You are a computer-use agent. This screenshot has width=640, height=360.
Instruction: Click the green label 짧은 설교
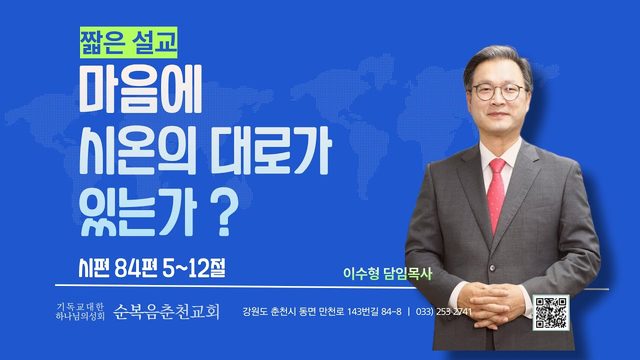pyautogui.click(x=129, y=42)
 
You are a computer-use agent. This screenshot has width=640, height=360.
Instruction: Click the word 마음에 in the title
pyautogui.click(x=141, y=89)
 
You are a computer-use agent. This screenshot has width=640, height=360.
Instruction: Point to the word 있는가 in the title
pyautogui.click(x=138, y=213)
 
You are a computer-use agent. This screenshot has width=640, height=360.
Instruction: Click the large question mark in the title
pyautogui.click(x=226, y=214)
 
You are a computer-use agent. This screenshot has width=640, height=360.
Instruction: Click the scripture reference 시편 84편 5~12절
pyautogui.click(x=152, y=269)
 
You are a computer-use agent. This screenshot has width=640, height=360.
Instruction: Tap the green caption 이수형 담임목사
pyautogui.click(x=387, y=273)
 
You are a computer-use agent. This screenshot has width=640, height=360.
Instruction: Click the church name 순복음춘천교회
pyautogui.click(x=167, y=312)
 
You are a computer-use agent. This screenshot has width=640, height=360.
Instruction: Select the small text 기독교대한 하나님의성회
pyautogui.click(x=80, y=311)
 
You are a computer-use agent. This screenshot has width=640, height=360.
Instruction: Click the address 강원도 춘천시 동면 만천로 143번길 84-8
pyautogui.click(x=322, y=312)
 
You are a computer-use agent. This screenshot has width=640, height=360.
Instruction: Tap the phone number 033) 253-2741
pyautogui.click(x=444, y=312)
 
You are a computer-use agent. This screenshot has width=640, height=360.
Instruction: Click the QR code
pyautogui.click(x=551, y=313)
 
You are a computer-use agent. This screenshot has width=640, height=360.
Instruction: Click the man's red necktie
pyautogui.click(x=496, y=196)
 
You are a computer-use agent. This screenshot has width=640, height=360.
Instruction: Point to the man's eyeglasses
pyautogui.click(x=499, y=91)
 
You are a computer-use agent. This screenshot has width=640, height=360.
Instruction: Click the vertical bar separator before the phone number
pyautogui.click(x=409, y=312)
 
